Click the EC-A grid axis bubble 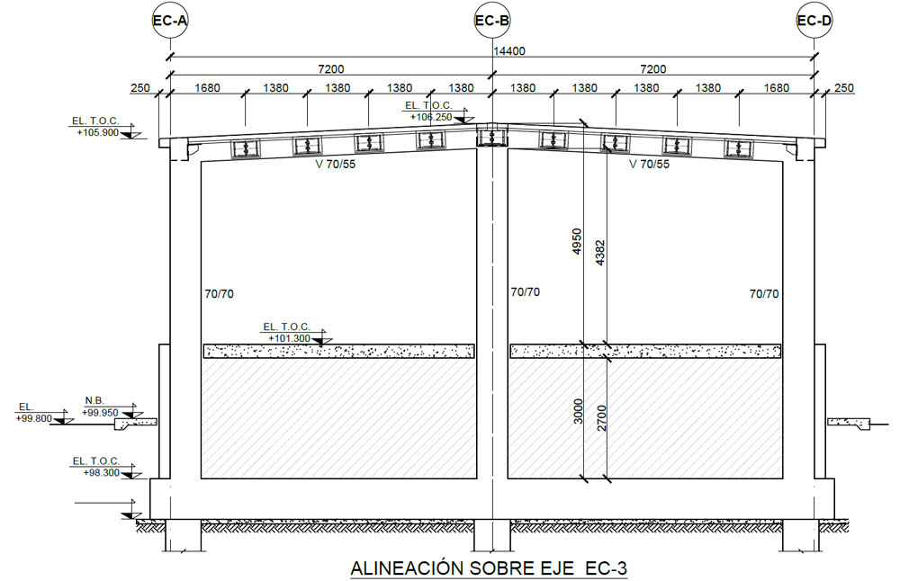[170, 22]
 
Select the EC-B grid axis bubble [492, 22]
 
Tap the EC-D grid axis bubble [814, 22]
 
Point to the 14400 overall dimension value [509, 51]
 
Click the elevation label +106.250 [430, 117]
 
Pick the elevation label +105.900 [97, 132]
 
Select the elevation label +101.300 [289, 338]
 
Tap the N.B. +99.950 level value [100, 413]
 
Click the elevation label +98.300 [101, 473]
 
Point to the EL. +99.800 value [34, 419]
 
